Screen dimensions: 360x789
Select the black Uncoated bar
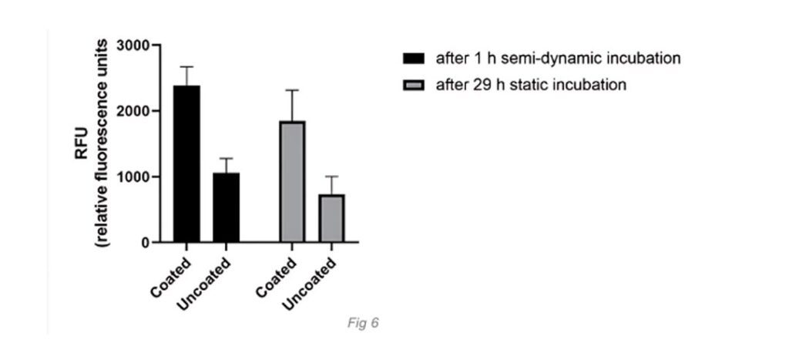[x=226, y=207]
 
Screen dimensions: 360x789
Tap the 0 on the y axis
[x=144, y=243]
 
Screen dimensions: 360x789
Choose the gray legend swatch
[x=415, y=85]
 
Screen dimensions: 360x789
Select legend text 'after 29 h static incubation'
[x=531, y=85]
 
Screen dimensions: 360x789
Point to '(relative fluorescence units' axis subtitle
[x=102, y=143]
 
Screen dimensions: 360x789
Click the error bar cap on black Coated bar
[x=186, y=67]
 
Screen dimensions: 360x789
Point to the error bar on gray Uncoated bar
[x=331, y=184]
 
